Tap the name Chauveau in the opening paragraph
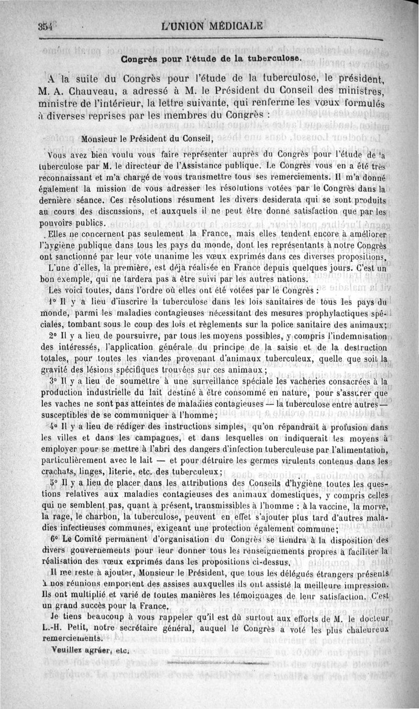(x=90, y=92)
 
